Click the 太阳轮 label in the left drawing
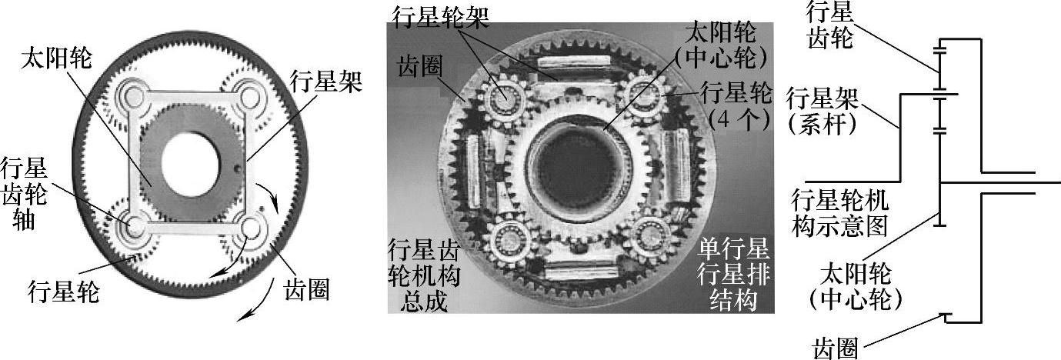pos(56,59)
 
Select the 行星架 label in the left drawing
pos(326,82)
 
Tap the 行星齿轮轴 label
pos(24,194)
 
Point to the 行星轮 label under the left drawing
pos(63,291)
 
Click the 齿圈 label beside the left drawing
pos(306,288)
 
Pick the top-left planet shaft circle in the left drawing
pos(133,98)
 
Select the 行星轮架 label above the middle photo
pos(441,18)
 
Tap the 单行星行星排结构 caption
pos(733,274)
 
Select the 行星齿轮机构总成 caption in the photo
pos(424,274)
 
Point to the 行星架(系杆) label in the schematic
pos(822,110)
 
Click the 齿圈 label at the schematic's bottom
pos(835,348)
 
